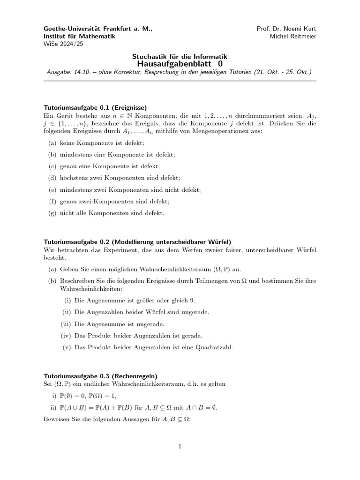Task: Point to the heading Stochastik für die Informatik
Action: (180, 56)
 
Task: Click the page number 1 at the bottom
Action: (180, 447)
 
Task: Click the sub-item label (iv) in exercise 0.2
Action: (66, 336)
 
